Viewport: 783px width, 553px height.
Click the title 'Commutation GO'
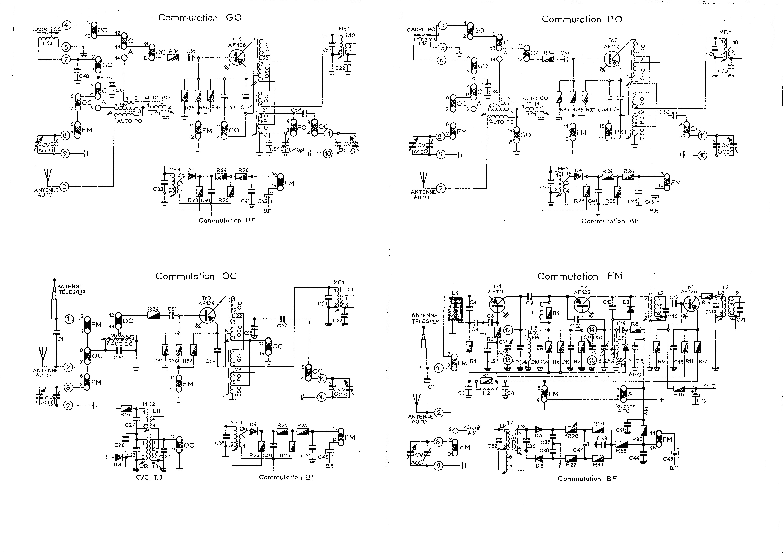click(x=200, y=18)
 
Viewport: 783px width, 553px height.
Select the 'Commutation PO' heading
click(x=582, y=19)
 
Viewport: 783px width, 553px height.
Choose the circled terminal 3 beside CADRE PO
click(x=443, y=25)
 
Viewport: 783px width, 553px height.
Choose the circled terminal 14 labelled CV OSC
click(x=591, y=330)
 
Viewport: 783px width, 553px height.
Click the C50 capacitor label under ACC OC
click(x=119, y=358)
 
